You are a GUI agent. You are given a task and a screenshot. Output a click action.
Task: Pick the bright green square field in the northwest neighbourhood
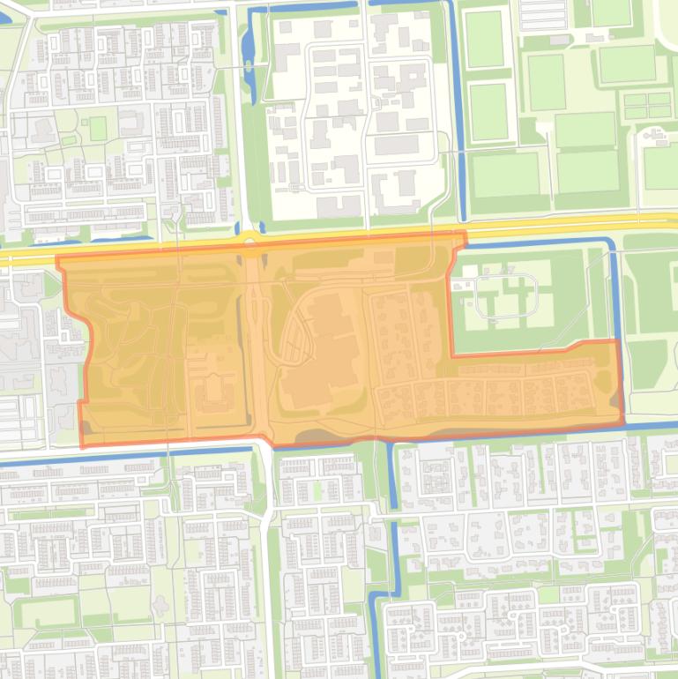97,129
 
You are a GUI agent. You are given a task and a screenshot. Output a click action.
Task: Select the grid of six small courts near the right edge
647,105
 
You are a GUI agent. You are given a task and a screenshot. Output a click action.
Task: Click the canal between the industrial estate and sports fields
458,115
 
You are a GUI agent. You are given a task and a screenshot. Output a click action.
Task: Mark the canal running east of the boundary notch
612,291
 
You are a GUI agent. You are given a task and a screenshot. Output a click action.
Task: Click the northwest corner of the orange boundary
58,258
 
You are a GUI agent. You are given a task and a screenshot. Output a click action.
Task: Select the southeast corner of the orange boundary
622,422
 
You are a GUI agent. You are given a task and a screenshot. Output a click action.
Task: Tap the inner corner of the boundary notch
452,355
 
